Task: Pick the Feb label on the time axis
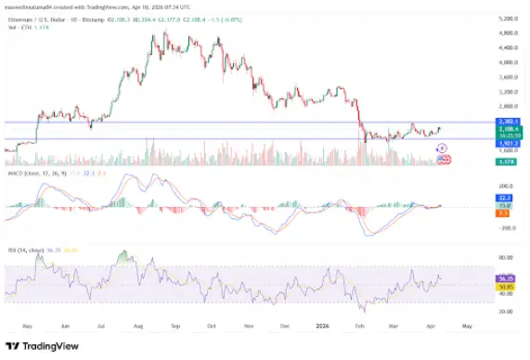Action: click(x=357, y=327)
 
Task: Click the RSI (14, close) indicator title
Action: click(x=28, y=250)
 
